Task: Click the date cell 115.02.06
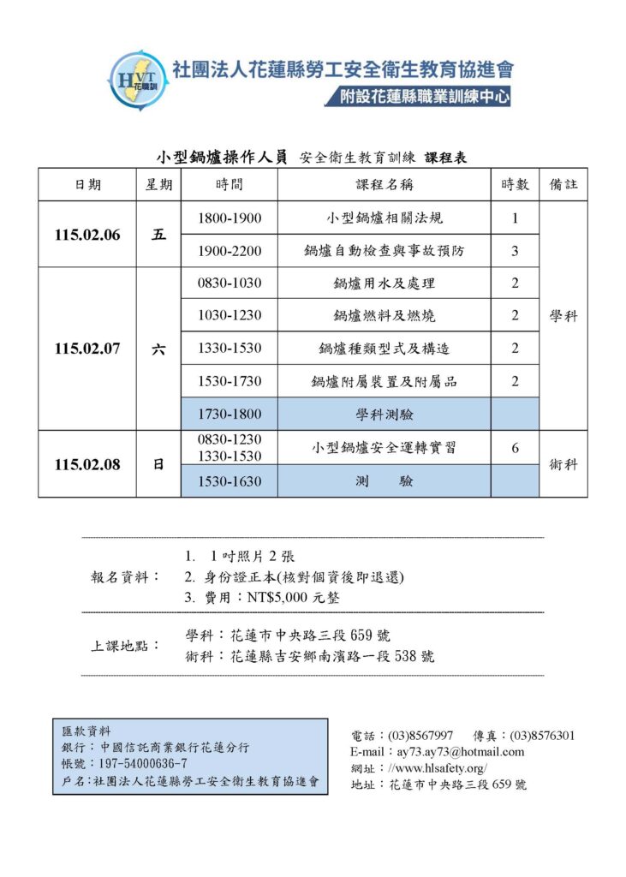pos(87,236)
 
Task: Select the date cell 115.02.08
pos(87,464)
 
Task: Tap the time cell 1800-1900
pos(230,218)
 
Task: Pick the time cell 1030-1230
pos(230,316)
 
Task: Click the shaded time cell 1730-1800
pos(230,415)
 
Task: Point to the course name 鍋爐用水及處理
pos(385,283)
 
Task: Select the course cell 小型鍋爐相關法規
pos(385,218)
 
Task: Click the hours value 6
pos(515,448)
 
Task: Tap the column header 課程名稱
pos(385,185)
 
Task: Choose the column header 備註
pos(563,185)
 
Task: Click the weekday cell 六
pos(158,349)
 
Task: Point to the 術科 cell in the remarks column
pos(563,464)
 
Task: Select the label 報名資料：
pos(125,577)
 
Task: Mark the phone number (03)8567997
pos(420,736)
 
